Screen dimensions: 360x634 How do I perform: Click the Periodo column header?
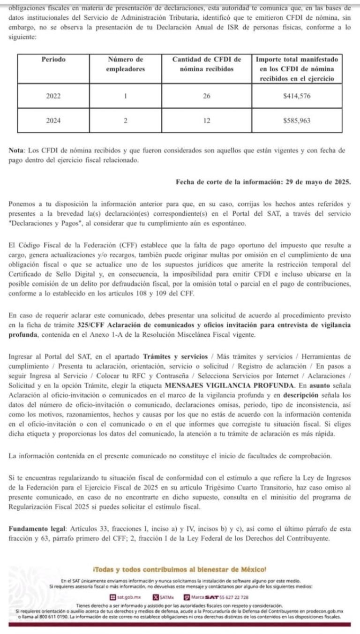(53, 60)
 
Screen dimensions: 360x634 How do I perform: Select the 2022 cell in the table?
(53, 96)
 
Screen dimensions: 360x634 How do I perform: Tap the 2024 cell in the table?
(53, 121)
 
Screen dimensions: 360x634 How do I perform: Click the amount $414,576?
(297, 96)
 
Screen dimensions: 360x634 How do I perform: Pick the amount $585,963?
(297, 121)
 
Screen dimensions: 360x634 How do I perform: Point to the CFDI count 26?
(207, 96)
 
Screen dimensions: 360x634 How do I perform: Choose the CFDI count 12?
(207, 121)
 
